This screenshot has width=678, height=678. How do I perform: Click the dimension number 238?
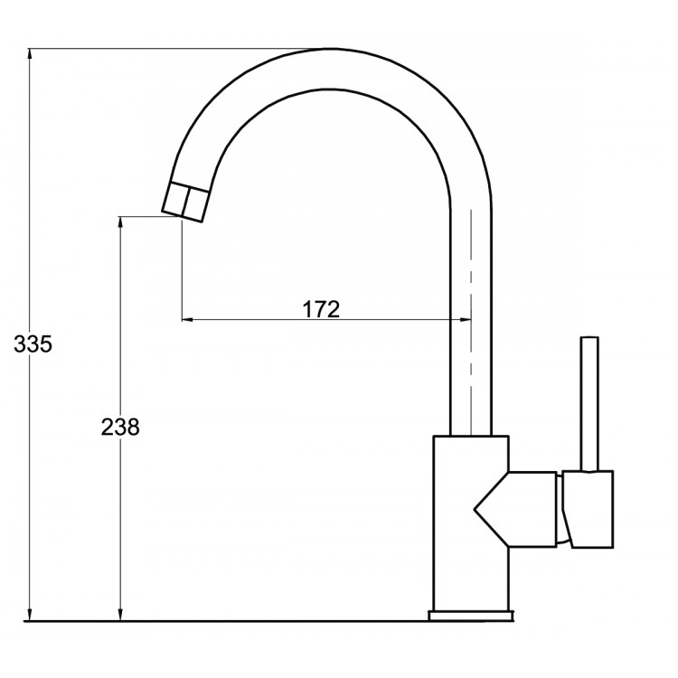coord(119,427)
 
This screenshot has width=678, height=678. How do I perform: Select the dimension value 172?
coord(320,309)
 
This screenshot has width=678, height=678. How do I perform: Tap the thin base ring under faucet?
coord(470,617)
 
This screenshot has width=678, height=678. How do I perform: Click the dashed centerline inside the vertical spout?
coord(471,271)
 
